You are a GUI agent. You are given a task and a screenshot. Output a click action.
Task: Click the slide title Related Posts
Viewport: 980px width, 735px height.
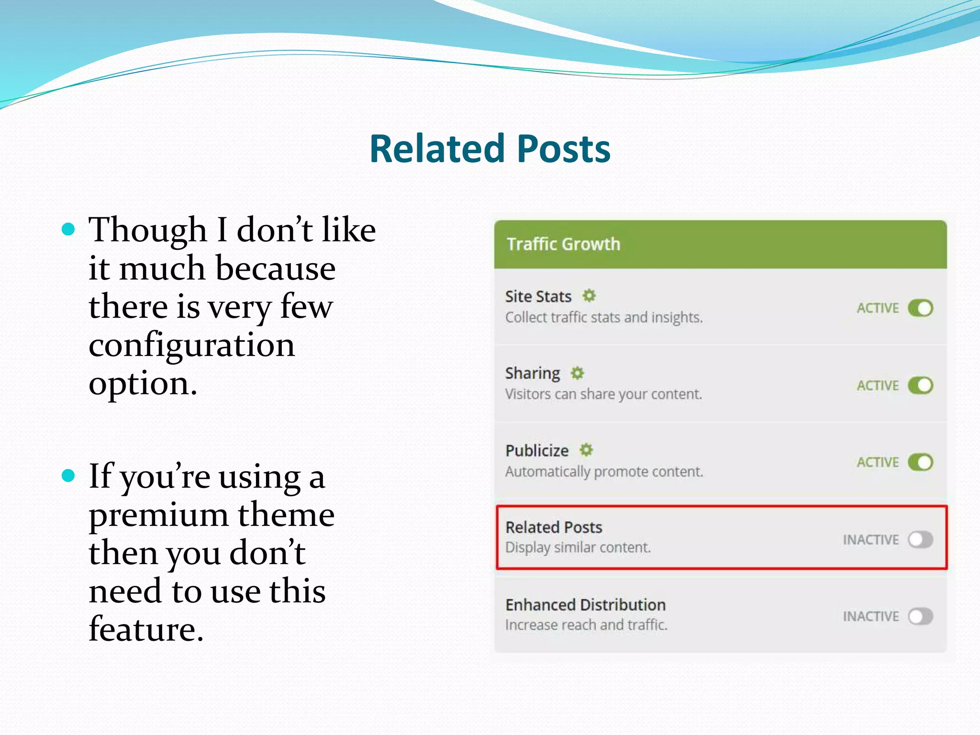490,149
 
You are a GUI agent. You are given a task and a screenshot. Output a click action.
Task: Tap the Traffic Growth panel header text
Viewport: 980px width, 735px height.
563,244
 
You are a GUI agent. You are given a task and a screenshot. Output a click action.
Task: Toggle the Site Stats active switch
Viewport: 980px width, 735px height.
920,308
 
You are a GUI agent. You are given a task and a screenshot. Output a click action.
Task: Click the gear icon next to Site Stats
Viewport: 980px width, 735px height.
589,296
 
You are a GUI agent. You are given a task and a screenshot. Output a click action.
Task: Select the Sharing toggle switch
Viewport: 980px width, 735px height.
920,385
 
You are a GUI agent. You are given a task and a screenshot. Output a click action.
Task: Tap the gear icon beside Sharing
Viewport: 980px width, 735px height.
578,373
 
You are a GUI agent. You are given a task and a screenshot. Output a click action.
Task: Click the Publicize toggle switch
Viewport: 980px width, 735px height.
920,462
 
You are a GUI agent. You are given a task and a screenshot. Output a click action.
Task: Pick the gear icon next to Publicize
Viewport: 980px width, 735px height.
586,450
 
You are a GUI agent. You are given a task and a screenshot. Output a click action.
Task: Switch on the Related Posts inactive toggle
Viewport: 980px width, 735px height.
920,540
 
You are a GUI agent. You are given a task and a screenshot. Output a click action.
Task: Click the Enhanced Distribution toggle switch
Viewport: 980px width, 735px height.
920,616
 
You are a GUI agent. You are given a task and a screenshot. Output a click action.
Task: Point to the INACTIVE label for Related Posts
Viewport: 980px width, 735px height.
870,540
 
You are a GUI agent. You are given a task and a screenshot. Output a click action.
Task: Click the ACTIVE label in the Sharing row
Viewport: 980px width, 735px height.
878,386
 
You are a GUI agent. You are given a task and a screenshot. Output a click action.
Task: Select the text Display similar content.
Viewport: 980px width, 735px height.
578,547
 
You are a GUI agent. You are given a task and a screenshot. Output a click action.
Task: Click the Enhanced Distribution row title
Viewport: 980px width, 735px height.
585,605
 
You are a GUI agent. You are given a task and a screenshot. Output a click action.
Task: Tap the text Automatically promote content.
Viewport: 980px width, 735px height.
604,472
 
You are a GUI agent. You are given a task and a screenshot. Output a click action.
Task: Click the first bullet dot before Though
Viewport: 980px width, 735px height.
69,229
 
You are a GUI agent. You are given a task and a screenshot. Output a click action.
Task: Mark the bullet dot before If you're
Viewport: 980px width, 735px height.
69,476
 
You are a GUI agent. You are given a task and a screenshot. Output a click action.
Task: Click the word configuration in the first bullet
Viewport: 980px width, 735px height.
191,345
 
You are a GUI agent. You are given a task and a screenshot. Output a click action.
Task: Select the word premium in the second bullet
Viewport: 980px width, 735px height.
158,515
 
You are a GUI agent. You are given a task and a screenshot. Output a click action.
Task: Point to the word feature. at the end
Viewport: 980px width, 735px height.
146,629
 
